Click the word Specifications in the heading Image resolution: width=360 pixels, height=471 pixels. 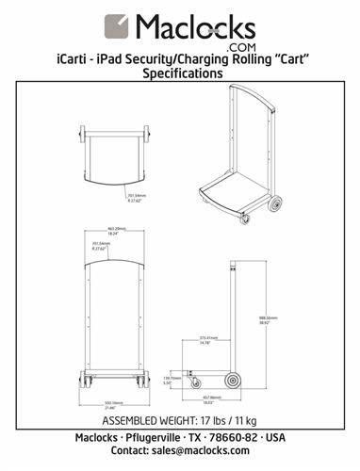tap(180, 75)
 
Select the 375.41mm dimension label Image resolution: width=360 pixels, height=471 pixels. tap(207, 340)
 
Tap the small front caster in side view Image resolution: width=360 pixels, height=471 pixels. tap(196, 382)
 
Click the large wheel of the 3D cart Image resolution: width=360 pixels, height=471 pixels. tap(276, 203)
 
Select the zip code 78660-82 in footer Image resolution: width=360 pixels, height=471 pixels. tap(236, 438)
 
